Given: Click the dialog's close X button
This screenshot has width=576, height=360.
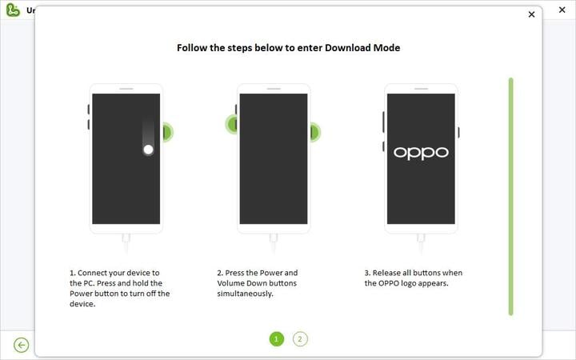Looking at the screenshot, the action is point(531,14).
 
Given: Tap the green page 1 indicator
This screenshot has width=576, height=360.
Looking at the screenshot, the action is point(277,339).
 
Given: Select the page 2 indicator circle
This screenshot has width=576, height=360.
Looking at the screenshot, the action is point(300,339).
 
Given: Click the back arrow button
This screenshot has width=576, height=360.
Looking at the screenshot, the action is point(22,345).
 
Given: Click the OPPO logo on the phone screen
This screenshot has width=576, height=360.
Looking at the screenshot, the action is point(421,153).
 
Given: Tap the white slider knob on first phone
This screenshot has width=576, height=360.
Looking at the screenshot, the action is point(149,150).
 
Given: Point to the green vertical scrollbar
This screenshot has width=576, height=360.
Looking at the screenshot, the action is point(510,197).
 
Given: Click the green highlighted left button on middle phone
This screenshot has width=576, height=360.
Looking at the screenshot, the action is point(233,124).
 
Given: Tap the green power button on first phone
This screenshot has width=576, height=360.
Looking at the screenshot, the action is point(167,132).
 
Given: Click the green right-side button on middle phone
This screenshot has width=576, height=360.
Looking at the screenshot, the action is point(315,132).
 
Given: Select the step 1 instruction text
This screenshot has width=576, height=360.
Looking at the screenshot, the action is point(120,288).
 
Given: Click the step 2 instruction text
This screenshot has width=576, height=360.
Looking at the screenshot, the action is point(257,283).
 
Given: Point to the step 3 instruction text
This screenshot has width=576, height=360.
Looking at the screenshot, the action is point(414,278).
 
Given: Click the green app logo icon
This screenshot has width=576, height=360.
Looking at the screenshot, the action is point(13,10).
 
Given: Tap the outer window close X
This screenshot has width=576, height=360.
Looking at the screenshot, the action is point(562,10).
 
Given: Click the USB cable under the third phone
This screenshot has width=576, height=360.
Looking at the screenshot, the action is point(421,243).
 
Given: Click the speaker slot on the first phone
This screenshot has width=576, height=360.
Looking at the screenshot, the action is point(126,89).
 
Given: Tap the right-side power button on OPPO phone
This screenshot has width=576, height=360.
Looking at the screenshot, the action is point(458,132).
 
